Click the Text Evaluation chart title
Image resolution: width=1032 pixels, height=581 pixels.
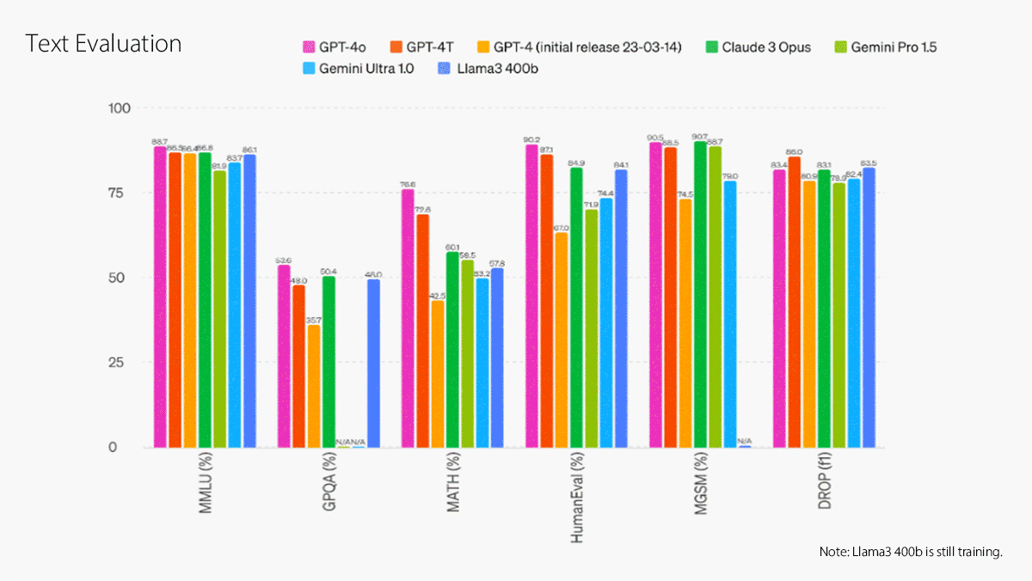tap(103, 44)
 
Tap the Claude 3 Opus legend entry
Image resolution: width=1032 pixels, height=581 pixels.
tap(757, 47)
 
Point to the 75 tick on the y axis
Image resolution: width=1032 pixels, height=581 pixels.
tap(116, 193)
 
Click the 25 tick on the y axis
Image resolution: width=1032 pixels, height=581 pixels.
tap(116, 363)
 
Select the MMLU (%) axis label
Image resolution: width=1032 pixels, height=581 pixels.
tap(206, 489)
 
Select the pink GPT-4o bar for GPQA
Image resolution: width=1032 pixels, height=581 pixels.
tap(284, 356)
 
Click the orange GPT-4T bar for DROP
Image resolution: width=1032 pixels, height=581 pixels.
tap(794, 302)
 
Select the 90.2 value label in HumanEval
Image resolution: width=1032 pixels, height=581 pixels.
tap(531, 139)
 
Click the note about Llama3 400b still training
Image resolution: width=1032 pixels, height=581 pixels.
tap(912, 551)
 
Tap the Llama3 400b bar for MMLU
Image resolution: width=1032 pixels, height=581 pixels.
tap(249, 301)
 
